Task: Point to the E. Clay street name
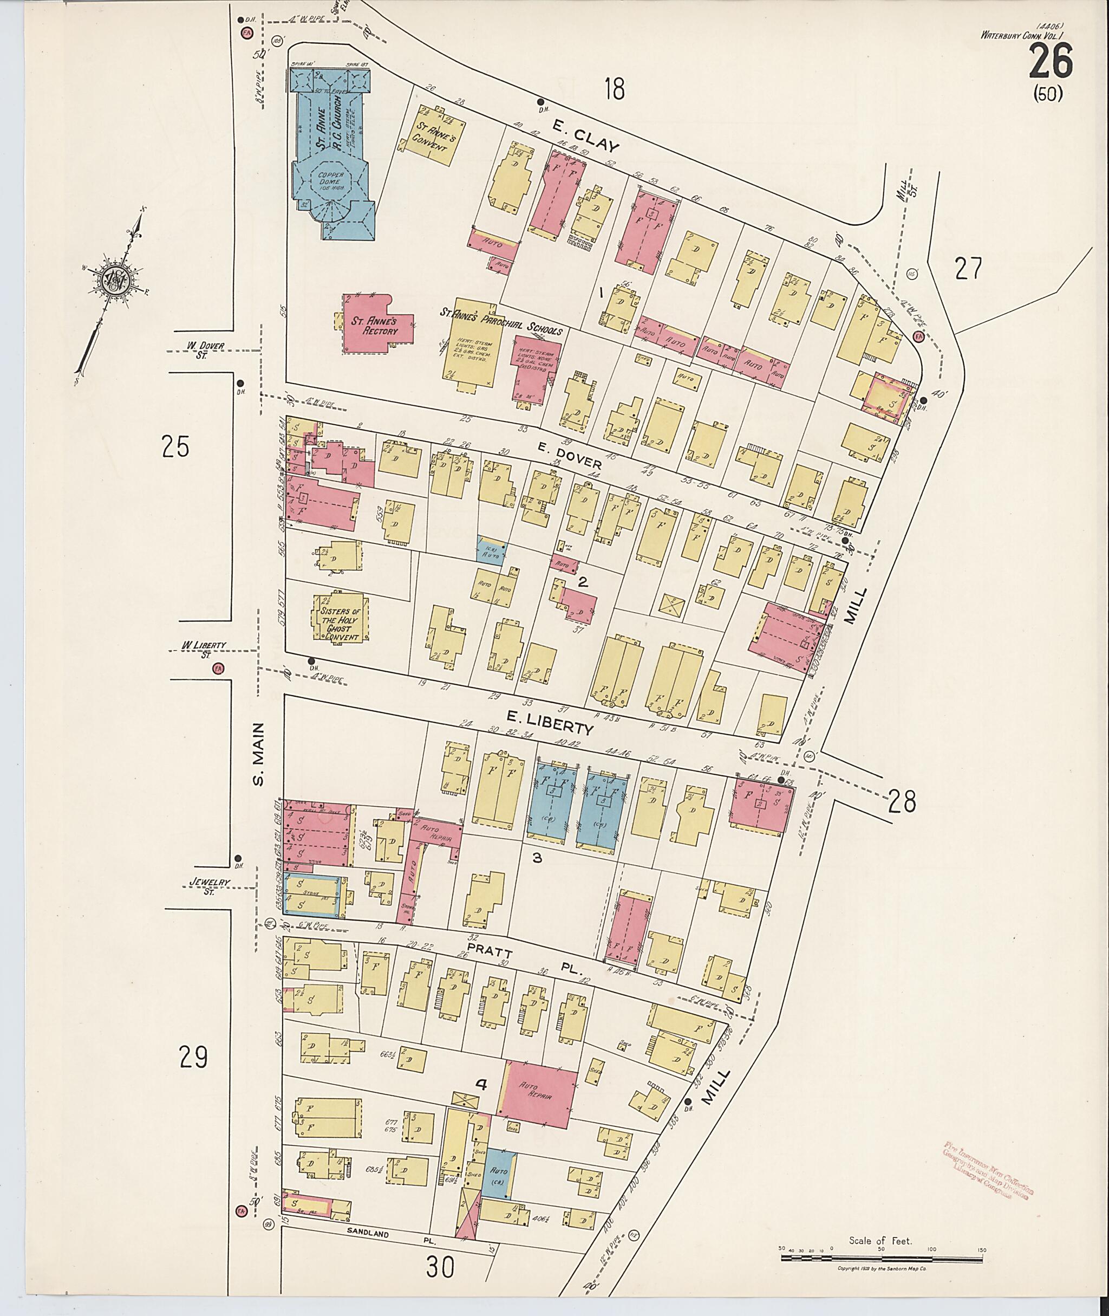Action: coord(586,137)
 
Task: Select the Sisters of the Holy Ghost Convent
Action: coord(340,619)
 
